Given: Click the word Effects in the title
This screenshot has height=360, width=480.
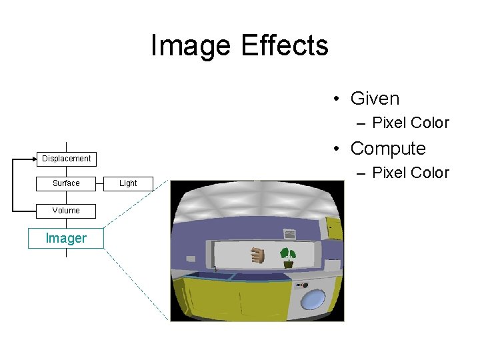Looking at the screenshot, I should click(x=285, y=46).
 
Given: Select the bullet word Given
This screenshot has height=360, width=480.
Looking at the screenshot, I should click(x=375, y=99).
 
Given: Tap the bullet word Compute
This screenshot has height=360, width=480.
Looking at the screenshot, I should click(x=387, y=148).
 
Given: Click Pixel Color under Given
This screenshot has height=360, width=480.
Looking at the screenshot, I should click(x=410, y=123).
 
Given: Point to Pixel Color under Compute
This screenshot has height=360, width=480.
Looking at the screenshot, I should click(x=410, y=173).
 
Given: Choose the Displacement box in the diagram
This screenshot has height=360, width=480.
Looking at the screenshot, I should click(x=66, y=159).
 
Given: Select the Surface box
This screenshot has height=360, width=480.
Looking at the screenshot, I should click(x=66, y=183).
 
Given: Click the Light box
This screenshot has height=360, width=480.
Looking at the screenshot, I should click(x=128, y=183).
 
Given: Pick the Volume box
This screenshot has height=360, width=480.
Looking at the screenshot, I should click(x=66, y=211).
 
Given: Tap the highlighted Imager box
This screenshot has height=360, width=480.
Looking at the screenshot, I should click(x=66, y=239).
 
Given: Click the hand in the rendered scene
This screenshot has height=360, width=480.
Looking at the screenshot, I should click(x=257, y=255).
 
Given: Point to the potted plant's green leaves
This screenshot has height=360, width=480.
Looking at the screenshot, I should click(x=288, y=253).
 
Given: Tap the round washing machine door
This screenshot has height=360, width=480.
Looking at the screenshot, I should click(x=312, y=299).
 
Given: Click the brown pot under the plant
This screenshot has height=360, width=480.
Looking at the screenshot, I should click(x=288, y=264).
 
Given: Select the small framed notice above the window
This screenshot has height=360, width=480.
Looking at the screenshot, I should click(x=289, y=234).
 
